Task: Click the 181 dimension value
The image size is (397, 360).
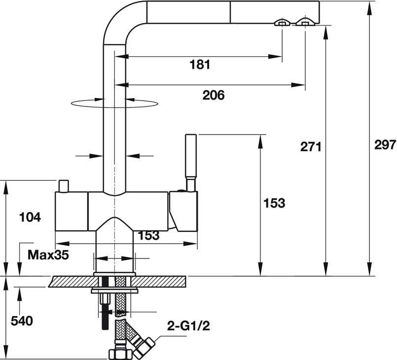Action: point(200,64)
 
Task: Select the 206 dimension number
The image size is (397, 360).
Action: point(213,95)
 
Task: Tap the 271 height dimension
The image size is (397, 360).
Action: point(311,146)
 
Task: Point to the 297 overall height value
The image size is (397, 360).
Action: point(385,145)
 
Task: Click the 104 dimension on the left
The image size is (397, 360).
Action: point(29,217)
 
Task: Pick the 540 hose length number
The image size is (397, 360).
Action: point(22,321)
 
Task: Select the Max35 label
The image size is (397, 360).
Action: point(48,255)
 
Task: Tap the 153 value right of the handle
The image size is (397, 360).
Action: point(274,203)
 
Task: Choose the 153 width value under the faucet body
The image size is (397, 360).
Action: point(149,236)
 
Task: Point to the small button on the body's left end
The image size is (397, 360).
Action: point(64,187)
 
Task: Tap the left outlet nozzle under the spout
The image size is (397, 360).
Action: point(282,23)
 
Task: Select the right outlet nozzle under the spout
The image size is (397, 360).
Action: point(304,23)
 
